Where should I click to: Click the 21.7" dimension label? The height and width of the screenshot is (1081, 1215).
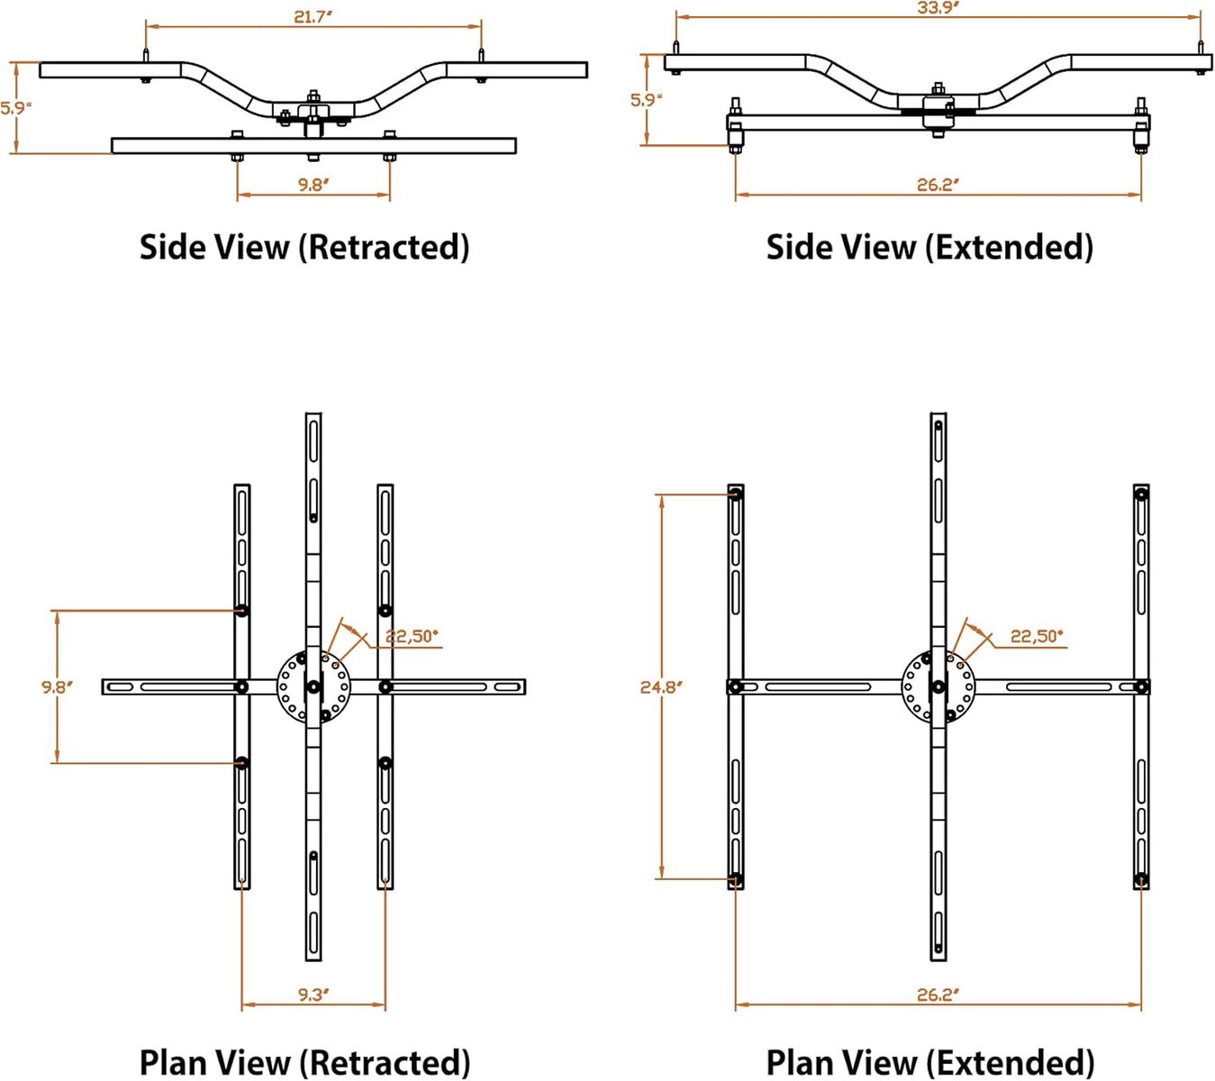click(312, 17)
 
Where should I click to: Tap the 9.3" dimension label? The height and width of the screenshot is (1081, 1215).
click(313, 995)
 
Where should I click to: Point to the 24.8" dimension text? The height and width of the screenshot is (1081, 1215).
click(661, 687)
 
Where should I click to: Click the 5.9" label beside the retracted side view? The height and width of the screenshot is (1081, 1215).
click(16, 108)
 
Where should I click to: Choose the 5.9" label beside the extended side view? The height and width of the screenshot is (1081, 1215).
click(646, 100)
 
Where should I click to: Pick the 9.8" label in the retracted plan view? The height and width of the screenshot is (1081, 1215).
click(57, 687)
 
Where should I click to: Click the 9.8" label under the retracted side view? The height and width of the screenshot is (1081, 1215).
click(313, 185)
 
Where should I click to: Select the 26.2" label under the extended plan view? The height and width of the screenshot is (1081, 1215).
click(938, 995)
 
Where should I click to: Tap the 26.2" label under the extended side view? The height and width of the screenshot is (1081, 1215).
click(938, 185)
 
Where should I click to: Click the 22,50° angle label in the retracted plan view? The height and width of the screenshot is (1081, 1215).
click(412, 636)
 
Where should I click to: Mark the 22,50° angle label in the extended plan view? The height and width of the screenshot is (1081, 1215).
click(1037, 636)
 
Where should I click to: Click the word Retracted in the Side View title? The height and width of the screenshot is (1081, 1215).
click(384, 247)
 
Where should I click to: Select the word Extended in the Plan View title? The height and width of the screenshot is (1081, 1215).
click(1011, 1062)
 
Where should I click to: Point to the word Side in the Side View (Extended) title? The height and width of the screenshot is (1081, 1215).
click(798, 247)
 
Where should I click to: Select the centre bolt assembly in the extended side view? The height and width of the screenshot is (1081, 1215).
click(938, 108)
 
